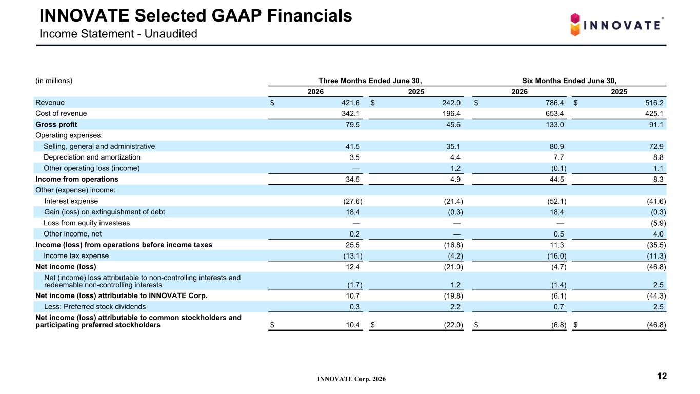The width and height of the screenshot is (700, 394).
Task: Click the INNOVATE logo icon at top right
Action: tap(575, 25)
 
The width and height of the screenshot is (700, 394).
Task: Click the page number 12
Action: tap(662, 376)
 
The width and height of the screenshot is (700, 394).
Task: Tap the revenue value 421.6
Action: tap(350, 103)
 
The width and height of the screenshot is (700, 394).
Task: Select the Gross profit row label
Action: tap(56, 125)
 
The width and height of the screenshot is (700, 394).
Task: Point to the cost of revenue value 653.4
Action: tap(555, 113)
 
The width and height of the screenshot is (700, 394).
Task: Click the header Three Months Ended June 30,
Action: tap(370, 81)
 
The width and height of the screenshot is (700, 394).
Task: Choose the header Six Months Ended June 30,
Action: tap(569, 81)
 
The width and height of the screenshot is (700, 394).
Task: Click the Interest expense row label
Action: tap(71, 201)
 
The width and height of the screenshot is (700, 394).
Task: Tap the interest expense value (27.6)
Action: tap(353, 201)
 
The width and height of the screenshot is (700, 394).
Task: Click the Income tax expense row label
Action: tap(76, 256)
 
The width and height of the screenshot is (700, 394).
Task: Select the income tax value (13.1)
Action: tap(353, 256)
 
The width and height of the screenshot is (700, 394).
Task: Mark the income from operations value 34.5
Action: tap(352, 179)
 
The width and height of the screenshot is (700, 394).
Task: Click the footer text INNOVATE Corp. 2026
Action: tap(352, 379)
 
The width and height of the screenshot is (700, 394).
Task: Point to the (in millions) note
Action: tap(54, 81)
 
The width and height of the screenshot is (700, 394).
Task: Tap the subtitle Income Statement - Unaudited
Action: tap(118, 34)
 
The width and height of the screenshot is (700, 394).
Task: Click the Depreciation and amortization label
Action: tap(92, 157)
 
